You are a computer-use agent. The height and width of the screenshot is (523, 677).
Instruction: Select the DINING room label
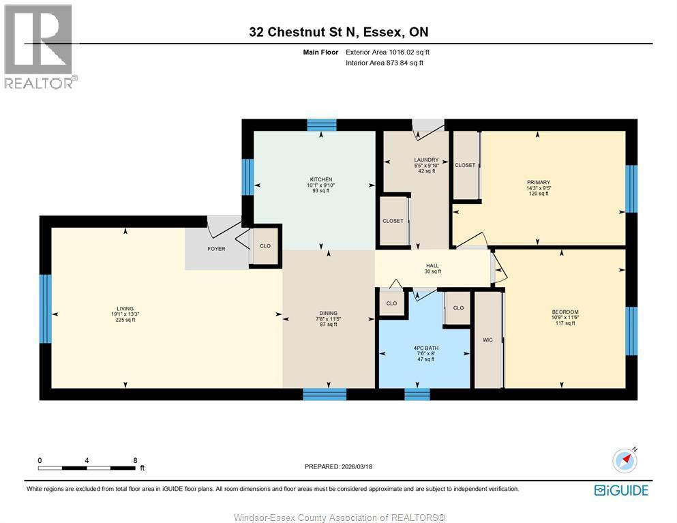coord(329,313)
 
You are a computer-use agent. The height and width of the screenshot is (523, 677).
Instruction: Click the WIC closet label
coord(487,340)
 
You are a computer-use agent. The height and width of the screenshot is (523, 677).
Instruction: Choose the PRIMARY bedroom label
coord(538,182)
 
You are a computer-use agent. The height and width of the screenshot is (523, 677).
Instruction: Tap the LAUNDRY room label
coord(426,160)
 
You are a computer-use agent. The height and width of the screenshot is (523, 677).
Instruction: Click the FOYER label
coord(216,249)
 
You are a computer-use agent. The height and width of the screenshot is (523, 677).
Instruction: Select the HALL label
coord(432,266)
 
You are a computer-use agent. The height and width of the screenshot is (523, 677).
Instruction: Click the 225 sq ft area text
coord(125,320)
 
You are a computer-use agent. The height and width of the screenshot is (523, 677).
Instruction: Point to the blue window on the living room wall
coord(46,308)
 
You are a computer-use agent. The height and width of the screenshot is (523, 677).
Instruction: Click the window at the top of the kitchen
coord(321,125)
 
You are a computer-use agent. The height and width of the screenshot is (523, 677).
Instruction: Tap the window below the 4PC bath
coord(417,394)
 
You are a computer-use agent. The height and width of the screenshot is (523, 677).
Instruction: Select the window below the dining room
coord(325,394)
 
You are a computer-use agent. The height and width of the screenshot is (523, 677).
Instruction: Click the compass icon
coord(625,461)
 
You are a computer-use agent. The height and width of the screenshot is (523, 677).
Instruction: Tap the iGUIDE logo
coord(620,490)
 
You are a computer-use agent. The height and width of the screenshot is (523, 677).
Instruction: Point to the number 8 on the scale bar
coord(136,460)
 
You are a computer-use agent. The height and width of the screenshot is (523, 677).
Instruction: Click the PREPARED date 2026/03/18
coord(339,466)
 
